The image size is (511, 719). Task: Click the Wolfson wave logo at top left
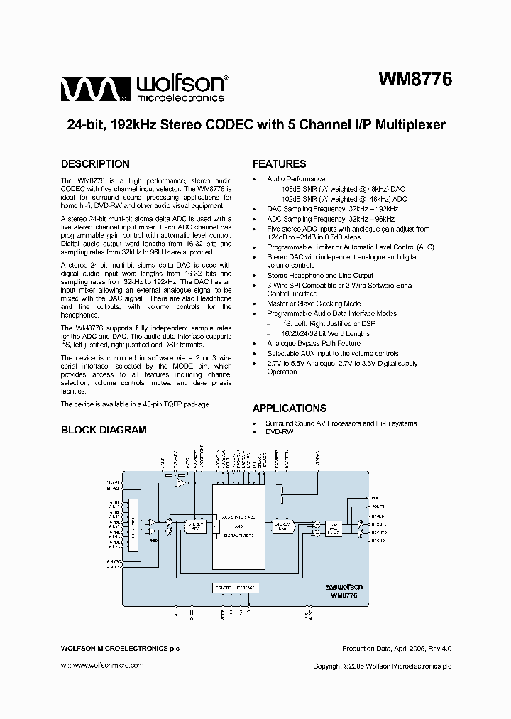pyautogui.click(x=94, y=90)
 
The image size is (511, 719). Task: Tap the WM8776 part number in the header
pyautogui.click(x=414, y=79)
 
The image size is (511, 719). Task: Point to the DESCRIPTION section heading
pyautogui.click(x=95, y=164)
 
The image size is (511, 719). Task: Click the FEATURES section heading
pyautogui.click(x=279, y=164)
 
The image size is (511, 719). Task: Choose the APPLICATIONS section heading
pyautogui.click(x=290, y=409)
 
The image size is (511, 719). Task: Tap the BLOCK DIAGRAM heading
pyautogui.click(x=104, y=430)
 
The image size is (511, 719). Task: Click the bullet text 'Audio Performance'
pyautogui.click(x=296, y=179)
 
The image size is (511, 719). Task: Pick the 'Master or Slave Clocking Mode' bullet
pyautogui.click(x=314, y=303)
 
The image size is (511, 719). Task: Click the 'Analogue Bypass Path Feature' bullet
pyautogui.click(x=313, y=343)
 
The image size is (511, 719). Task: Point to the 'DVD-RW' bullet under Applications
pyautogui.click(x=280, y=432)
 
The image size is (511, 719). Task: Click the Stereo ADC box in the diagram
pyautogui.click(x=194, y=526)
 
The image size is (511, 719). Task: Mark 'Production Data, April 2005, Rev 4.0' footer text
pyautogui.click(x=397, y=649)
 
